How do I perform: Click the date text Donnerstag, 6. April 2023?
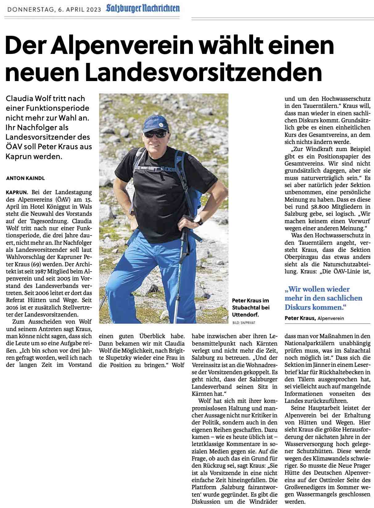point(54,10)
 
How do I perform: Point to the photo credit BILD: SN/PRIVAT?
point(244,323)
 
